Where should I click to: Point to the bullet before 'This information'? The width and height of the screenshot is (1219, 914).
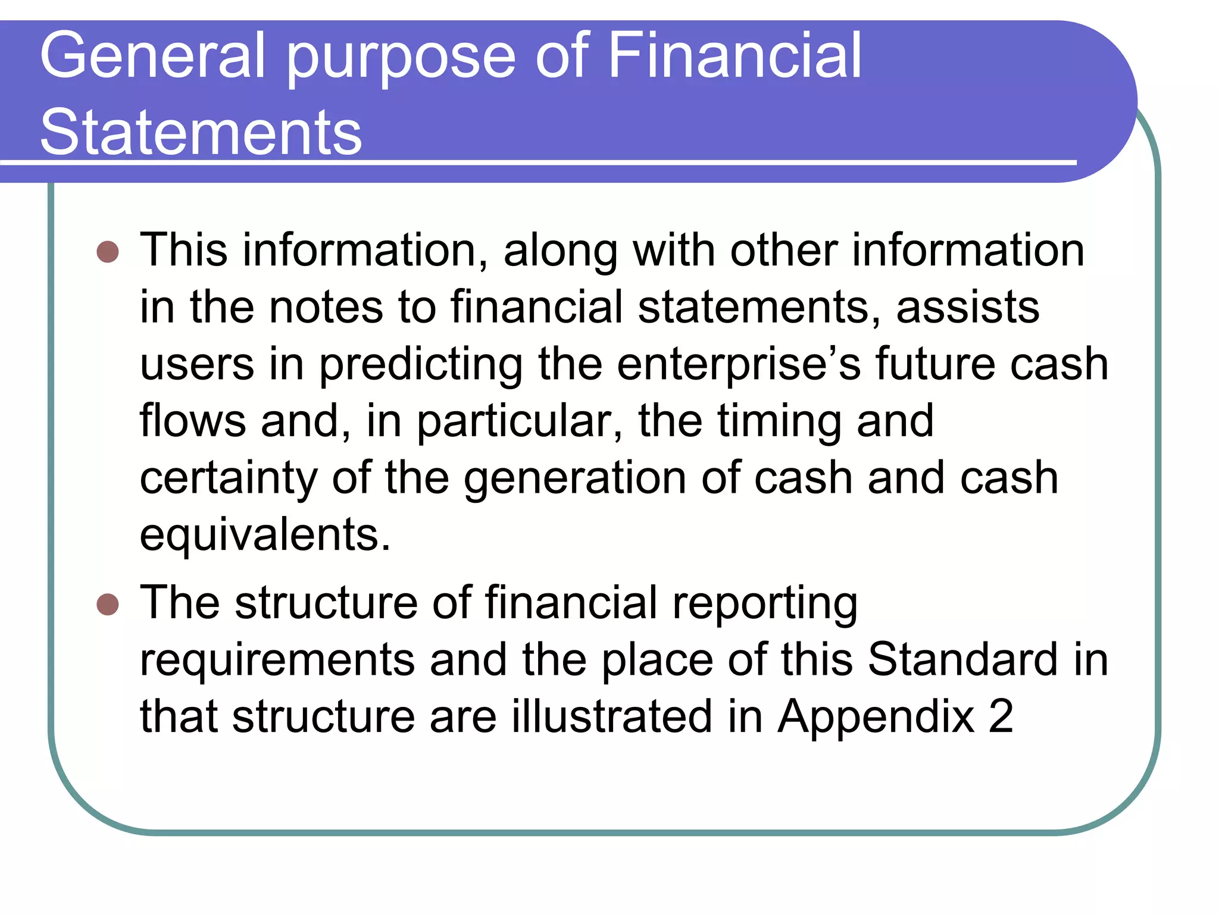[x=108, y=252]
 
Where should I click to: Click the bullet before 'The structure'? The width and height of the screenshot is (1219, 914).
[x=108, y=605]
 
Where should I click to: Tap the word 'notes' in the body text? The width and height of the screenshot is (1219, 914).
[x=326, y=307]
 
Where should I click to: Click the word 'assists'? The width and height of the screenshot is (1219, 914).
[x=968, y=307]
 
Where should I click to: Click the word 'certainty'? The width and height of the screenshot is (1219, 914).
[x=229, y=478]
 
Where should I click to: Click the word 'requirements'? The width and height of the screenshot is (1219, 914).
[x=277, y=661]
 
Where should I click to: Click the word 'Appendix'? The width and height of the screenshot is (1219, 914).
[x=876, y=717]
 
